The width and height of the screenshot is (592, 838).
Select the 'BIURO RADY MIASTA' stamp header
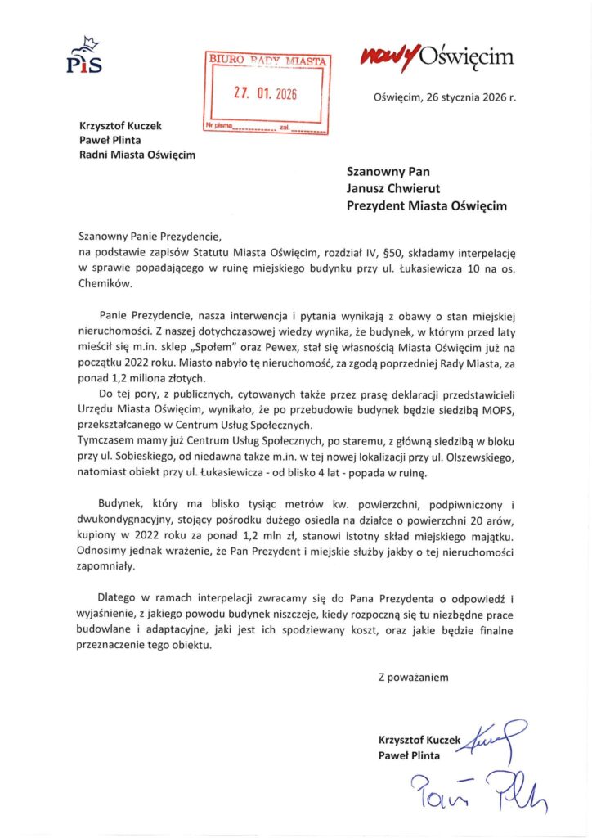(x=267, y=61)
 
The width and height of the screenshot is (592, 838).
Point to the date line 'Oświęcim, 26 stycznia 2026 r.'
(x=445, y=97)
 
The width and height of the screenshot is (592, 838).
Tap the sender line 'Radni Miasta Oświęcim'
(x=137, y=155)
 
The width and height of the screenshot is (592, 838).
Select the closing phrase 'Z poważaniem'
(x=413, y=677)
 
